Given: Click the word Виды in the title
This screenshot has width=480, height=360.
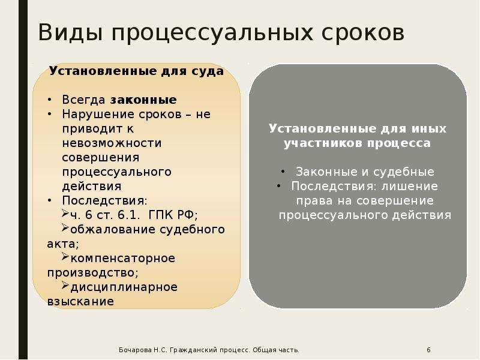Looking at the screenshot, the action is (x=70, y=32).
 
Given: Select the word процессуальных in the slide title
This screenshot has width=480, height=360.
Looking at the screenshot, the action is (x=212, y=33).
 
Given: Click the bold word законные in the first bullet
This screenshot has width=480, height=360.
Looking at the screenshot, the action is (x=143, y=100).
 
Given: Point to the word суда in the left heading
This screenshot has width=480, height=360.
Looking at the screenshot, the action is (x=208, y=71).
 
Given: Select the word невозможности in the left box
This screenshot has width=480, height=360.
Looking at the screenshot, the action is (x=112, y=143).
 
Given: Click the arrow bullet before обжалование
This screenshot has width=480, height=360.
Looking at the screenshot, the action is (x=65, y=227).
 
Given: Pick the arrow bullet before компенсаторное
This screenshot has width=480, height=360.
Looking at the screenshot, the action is (x=65, y=256).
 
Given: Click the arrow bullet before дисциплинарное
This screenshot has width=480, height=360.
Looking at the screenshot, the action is (x=65, y=286).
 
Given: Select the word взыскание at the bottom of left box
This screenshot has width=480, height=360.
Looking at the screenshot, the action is (x=80, y=302).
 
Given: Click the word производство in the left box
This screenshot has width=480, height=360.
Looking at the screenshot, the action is (x=91, y=273).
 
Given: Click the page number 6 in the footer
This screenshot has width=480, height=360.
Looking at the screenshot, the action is (x=428, y=350).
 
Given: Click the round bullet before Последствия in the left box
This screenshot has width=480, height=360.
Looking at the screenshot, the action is (x=49, y=201).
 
